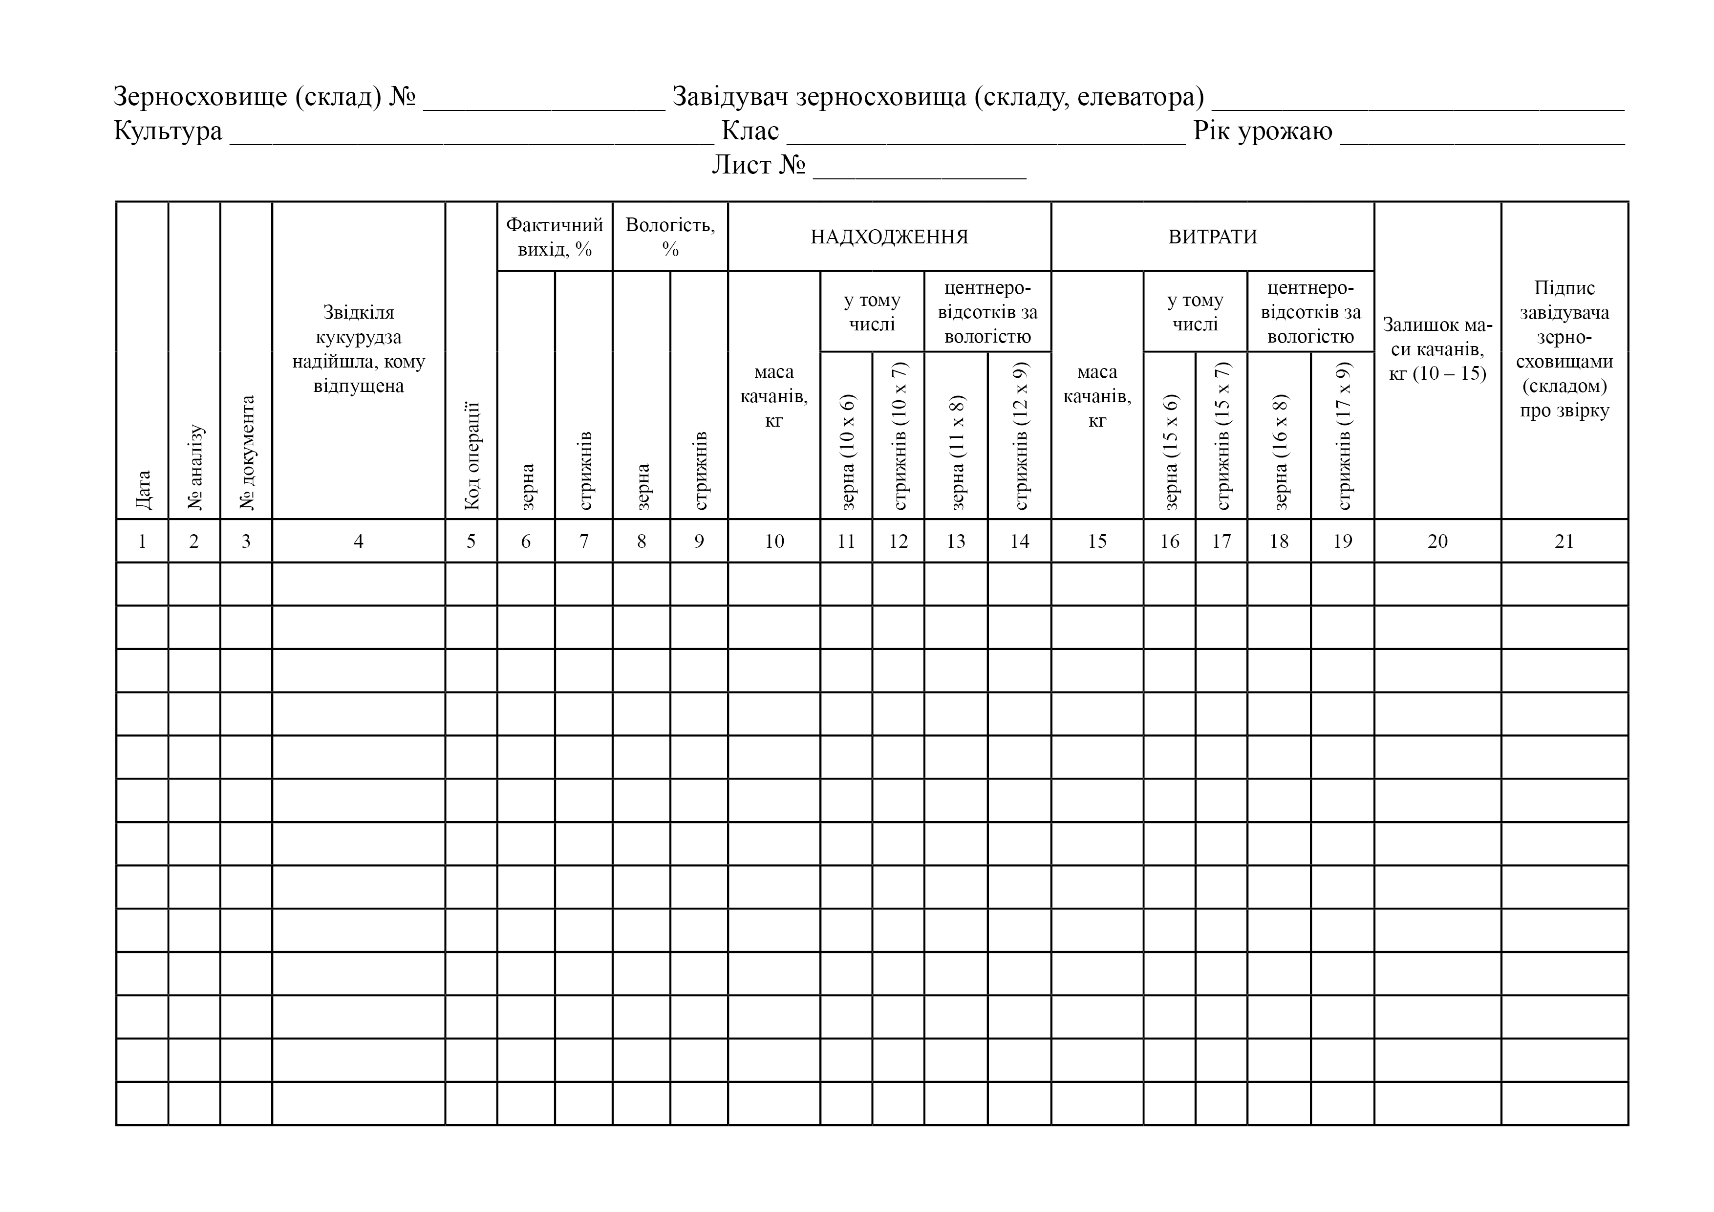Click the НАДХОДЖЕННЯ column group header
(889, 237)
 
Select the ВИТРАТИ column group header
(1212, 237)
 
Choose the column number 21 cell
(1564, 541)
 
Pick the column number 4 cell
(358, 541)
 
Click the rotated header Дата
(143, 489)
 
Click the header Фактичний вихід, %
(555, 237)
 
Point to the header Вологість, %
(670, 237)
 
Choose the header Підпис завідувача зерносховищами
(1564, 349)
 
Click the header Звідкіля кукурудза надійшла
(358, 349)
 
